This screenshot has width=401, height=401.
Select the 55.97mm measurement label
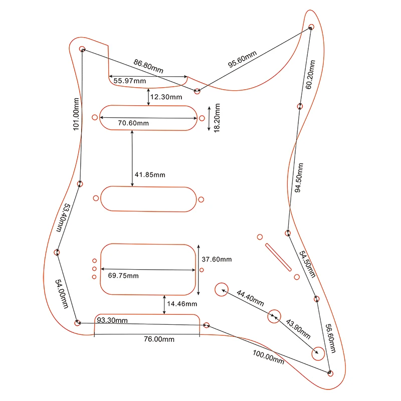click(130, 81)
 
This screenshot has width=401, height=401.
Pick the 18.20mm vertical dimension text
click(217, 117)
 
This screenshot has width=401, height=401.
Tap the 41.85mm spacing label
click(150, 175)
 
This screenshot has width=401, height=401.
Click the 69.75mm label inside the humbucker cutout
click(123, 276)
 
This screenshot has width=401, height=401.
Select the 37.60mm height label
click(217, 260)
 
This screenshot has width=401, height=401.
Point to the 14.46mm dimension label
click(182, 304)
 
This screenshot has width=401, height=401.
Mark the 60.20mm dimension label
click(311, 74)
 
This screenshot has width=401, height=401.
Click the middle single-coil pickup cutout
click(148, 198)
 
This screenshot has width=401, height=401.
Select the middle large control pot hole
click(274, 316)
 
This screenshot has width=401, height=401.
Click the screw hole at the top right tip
click(311, 27)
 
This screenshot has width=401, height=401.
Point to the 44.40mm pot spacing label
click(250, 298)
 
